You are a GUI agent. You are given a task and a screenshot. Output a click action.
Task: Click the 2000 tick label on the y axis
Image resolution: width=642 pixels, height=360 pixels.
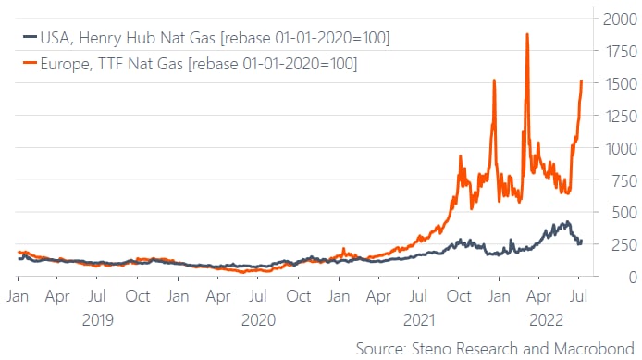click(620, 19)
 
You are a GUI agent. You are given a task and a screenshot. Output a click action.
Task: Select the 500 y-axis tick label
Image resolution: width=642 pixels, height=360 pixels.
click(624, 212)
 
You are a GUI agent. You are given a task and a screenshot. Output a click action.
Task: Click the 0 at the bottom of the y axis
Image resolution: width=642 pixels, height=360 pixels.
click(633, 278)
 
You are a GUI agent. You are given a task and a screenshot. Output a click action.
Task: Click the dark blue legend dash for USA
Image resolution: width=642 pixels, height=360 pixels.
click(31, 36)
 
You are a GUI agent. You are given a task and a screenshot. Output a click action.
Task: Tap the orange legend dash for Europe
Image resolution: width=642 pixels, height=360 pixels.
click(31, 62)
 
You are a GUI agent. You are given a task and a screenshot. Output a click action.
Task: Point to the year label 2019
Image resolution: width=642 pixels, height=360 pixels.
click(97, 320)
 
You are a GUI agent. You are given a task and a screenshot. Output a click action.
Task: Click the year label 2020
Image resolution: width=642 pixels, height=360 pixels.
click(258, 320)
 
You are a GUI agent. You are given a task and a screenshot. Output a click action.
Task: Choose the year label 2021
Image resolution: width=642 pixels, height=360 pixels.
click(418, 320)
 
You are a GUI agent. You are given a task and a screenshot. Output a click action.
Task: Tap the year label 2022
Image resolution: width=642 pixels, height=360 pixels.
click(547, 320)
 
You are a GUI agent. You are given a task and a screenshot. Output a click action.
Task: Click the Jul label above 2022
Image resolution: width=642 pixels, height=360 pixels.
click(578, 296)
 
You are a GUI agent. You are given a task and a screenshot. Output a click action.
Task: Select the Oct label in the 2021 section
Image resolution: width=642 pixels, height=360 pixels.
click(459, 296)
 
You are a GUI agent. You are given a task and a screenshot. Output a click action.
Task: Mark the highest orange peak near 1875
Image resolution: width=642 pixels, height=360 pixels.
click(527, 34)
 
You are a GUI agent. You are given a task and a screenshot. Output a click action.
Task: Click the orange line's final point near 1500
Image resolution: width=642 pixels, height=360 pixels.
click(581, 81)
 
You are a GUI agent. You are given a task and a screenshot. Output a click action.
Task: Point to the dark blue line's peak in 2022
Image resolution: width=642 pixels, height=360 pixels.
click(567, 222)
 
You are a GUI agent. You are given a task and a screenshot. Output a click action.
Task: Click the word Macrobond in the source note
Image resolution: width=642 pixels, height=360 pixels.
click(594, 349)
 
